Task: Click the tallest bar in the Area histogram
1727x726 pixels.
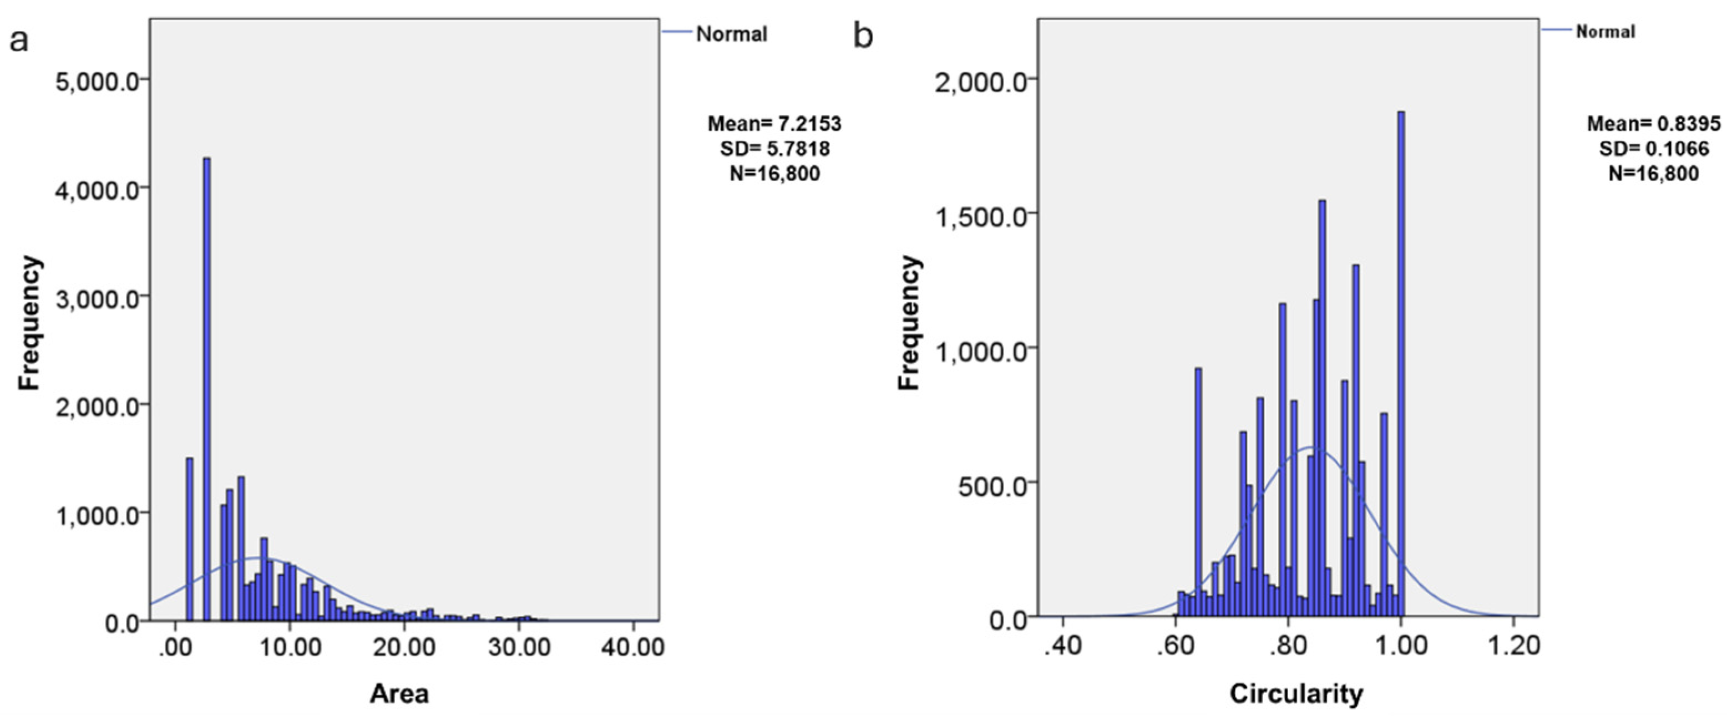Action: pos(206,389)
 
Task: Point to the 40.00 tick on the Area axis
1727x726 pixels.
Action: pos(633,647)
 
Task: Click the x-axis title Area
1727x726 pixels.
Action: pos(399,694)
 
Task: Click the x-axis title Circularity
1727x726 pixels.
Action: pos(1296,694)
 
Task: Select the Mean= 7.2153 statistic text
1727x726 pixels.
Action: pos(774,124)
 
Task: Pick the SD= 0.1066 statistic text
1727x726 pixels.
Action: pos(1654,149)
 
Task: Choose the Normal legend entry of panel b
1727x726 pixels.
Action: pos(1605,32)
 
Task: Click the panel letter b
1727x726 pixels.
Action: pos(863,35)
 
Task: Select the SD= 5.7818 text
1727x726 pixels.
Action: pos(774,149)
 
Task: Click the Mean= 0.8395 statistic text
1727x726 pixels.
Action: pos(1654,124)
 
